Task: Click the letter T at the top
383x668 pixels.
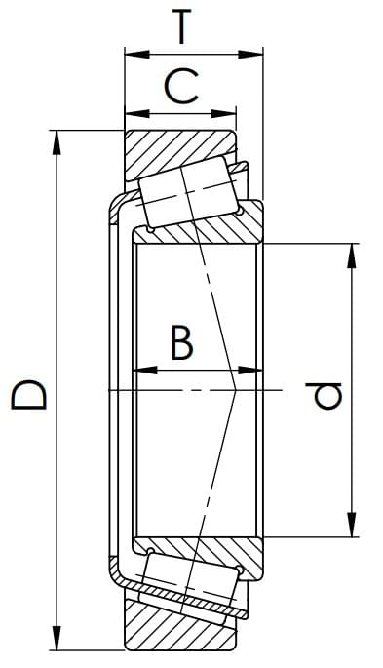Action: [x=181, y=26]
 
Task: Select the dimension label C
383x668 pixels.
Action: [x=181, y=87]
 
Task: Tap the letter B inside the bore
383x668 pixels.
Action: [x=181, y=341]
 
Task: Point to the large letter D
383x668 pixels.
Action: [x=28, y=395]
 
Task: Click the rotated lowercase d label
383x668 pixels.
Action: [x=324, y=396]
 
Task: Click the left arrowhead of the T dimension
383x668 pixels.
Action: [x=137, y=54]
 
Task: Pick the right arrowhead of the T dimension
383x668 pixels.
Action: [x=250, y=54]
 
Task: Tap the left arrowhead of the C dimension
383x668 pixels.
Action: [x=137, y=114]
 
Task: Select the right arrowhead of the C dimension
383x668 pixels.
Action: [x=223, y=114]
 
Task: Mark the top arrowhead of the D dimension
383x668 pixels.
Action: [x=56, y=142]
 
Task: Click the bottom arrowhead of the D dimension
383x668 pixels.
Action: [x=56, y=638]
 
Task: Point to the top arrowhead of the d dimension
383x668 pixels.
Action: [x=351, y=255]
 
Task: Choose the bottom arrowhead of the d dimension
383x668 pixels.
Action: [x=351, y=525]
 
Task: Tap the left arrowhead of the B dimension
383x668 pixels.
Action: [x=145, y=371]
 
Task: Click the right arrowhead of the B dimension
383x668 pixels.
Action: [x=250, y=371]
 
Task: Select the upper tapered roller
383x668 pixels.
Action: [x=188, y=192]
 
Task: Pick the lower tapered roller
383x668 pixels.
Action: [x=190, y=583]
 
